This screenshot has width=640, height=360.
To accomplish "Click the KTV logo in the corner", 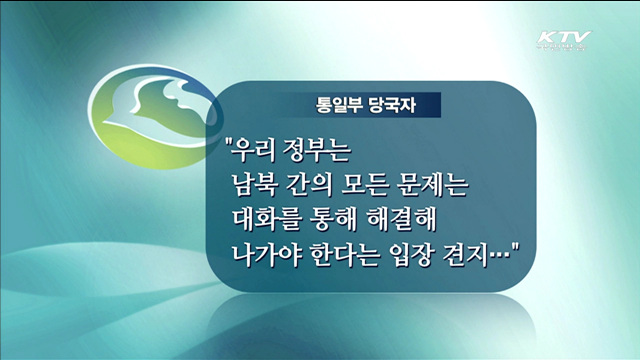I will coord(563,43).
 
